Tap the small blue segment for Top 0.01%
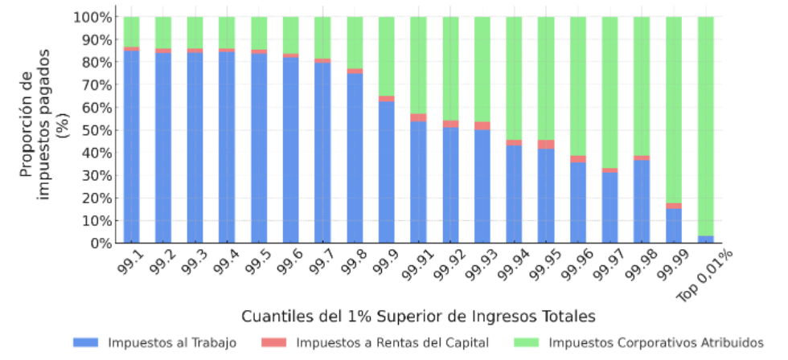pyautogui.click(x=705, y=239)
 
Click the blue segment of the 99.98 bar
pyautogui.click(x=642, y=201)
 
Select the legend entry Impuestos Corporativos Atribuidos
pyautogui.click(x=656, y=343)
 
